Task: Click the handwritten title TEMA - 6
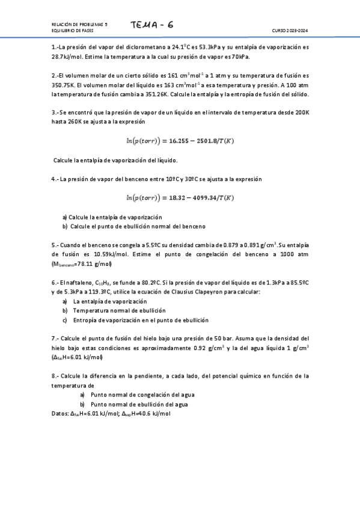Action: pos(153,25)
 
